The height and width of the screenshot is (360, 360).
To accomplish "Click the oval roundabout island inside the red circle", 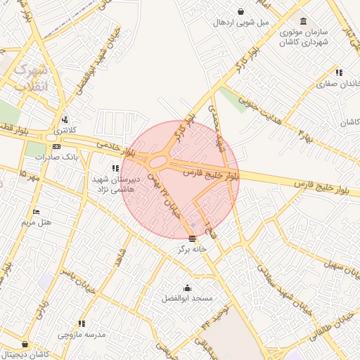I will pos(158,162).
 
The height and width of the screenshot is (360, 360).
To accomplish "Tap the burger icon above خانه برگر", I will pos(193,238).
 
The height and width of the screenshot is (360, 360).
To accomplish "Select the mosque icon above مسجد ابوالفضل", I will pos(188,288).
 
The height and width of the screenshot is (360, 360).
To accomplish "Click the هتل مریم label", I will pos(37,222).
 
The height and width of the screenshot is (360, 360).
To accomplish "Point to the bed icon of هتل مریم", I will pos(37,212).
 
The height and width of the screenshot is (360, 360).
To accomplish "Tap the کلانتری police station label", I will pos(65,130).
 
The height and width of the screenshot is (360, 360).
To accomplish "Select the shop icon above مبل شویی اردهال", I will pos(241,11).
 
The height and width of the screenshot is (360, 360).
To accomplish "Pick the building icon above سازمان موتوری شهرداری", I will pos(303,21).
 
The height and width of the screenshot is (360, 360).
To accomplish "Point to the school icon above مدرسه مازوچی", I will pos(82,324).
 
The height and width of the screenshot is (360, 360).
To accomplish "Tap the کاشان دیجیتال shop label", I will pos(44,355).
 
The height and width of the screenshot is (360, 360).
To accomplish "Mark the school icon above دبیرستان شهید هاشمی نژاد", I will pos(115,168).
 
